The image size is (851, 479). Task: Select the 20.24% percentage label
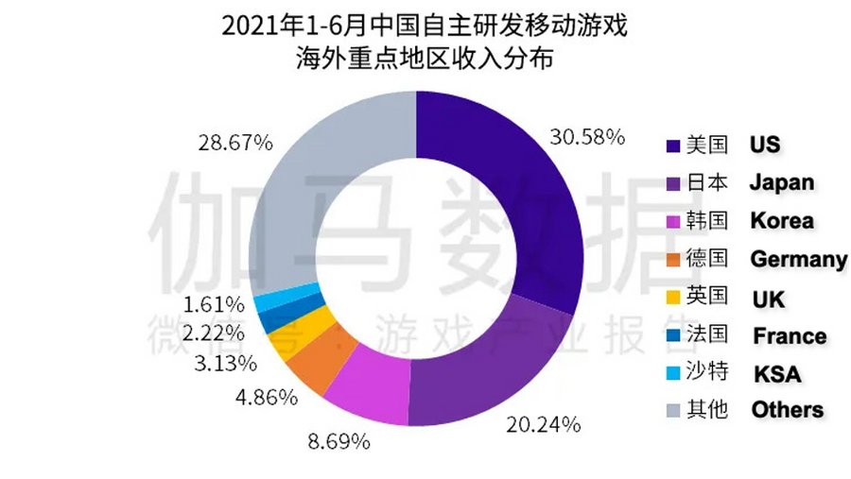tap(543, 425)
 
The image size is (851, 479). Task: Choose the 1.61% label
tap(215, 304)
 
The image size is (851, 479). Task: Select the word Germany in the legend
tap(797, 258)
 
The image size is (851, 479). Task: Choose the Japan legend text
tap(781, 181)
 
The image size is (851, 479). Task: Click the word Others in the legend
tap(787, 410)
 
